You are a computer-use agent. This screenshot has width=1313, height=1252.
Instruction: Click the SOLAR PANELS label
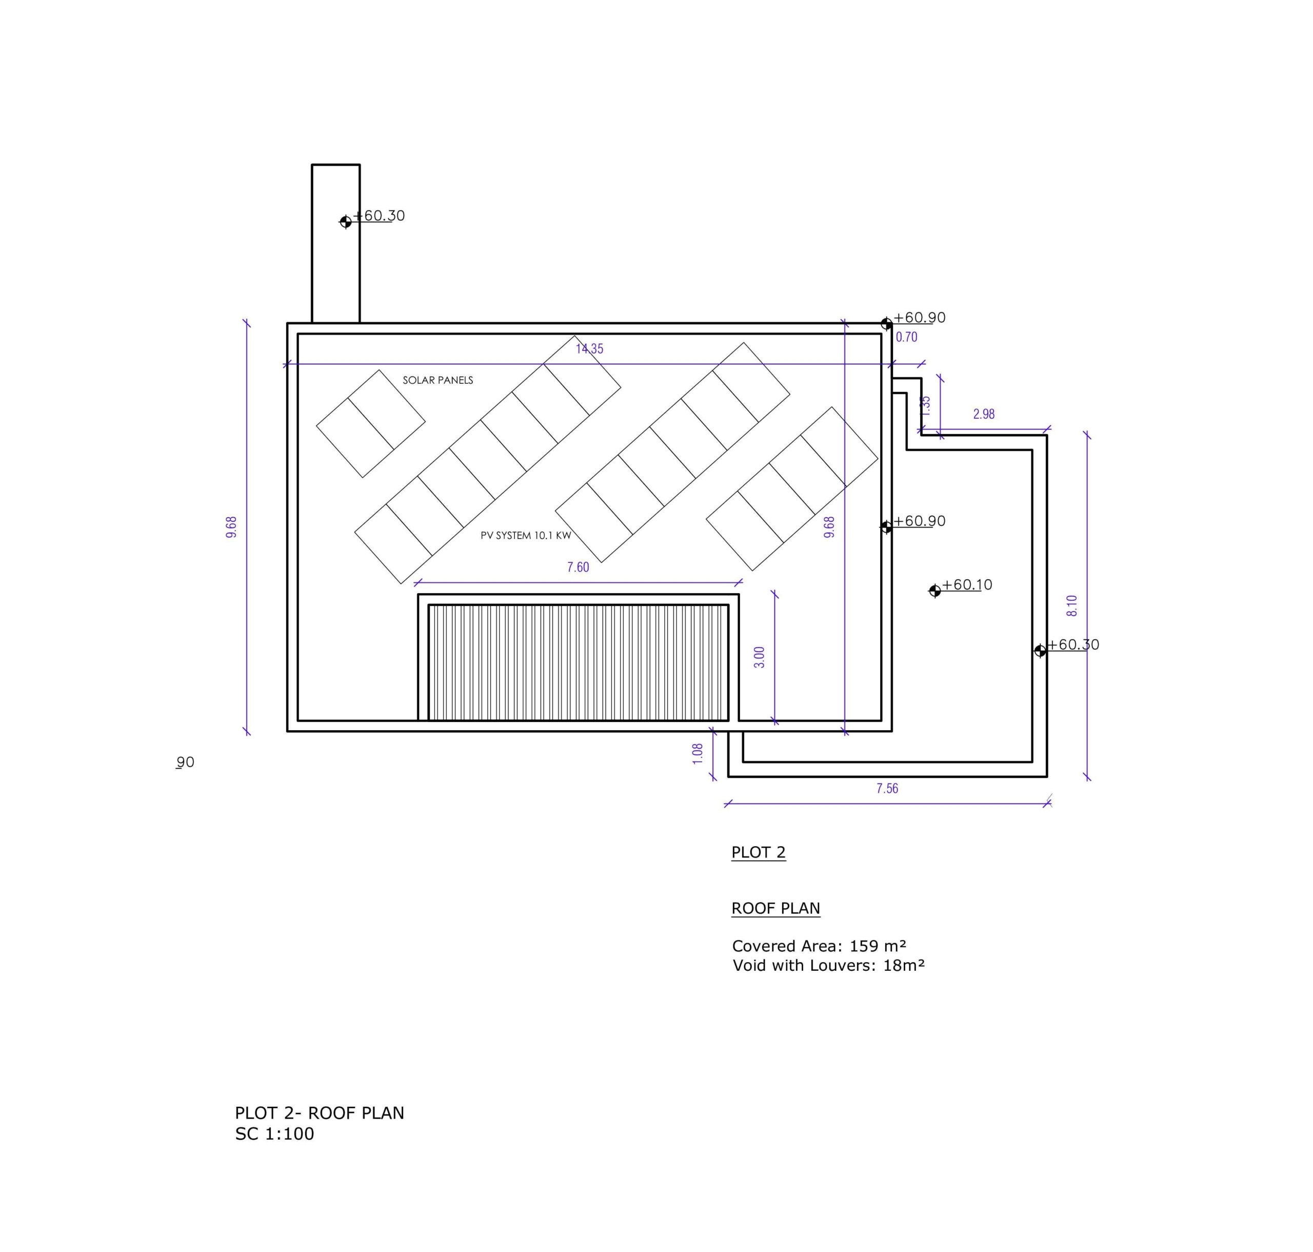[437, 380]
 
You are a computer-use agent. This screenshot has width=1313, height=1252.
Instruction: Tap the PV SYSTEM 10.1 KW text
[526, 535]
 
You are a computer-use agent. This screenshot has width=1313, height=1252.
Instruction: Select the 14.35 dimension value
[590, 348]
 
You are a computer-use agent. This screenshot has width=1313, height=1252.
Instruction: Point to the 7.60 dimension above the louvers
[578, 568]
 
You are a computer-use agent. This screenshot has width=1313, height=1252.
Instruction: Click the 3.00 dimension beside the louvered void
[759, 657]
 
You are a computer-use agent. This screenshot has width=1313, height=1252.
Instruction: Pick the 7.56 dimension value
[887, 789]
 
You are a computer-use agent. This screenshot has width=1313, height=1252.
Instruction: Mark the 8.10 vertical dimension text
[1072, 605]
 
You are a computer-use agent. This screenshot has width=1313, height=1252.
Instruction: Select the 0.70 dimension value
[907, 337]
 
